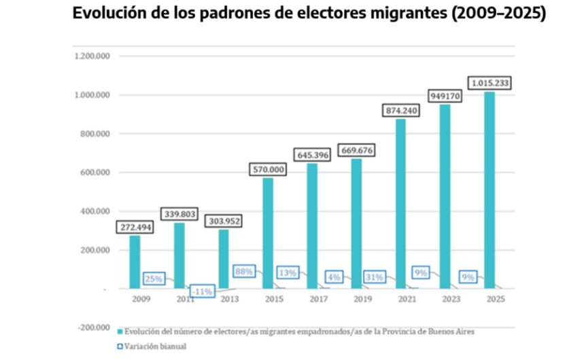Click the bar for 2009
tap(135, 262)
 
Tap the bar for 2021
tap(400, 203)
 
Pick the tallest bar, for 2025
tap(489, 190)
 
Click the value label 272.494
tap(135, 228)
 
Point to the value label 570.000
tap(268, 170)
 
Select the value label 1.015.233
tap(489, 84)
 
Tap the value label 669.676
tap(356, 150)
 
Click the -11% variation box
tap(201, 291)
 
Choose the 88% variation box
tap(244, 272)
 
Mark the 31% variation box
tap(374, 277)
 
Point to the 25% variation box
tap(152, 278)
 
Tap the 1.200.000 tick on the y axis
tap(90, 56)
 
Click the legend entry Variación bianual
tap(156, 346)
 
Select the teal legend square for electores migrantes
tap(120, 331)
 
